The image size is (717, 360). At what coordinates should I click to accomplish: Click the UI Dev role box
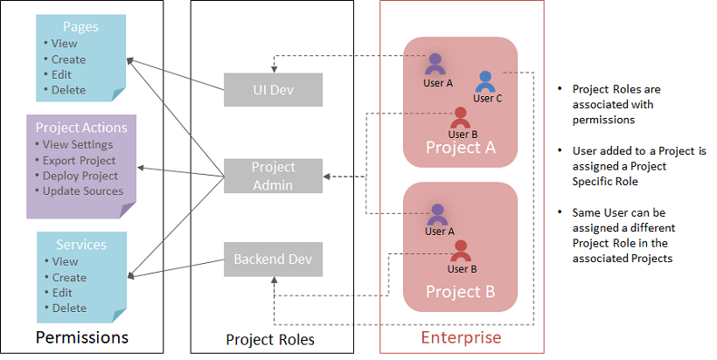coord(273,89)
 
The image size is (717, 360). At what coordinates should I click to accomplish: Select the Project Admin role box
coord(273,175)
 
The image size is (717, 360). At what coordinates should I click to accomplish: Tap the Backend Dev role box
coord(273,260)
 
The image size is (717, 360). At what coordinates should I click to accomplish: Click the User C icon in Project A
coord(486,82)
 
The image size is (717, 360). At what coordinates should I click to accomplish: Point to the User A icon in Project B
coord(437,215)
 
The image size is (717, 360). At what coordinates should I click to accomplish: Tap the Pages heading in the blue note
coord(81,26)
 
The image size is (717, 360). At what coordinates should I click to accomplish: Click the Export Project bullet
coord(79,161)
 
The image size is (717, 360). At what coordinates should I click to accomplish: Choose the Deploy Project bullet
coord(80,176)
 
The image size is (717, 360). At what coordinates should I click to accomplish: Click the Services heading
coord(81,245)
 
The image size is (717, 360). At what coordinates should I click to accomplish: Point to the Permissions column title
coord(82,337)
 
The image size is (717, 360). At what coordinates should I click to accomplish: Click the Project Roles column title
coord(271,339)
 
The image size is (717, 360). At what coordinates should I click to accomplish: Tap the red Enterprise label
coord(461,338)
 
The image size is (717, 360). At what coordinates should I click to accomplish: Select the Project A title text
coord(460,147)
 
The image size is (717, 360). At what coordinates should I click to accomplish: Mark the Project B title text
coord(460,291)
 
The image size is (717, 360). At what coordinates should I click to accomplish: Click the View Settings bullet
coord(78,145)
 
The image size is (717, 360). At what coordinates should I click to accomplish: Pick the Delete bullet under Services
coord(69,308)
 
